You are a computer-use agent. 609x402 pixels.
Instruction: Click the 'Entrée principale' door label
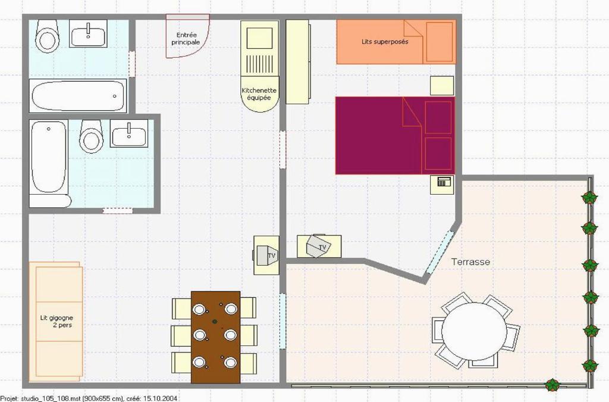pyautogui.click(x=186, y=39)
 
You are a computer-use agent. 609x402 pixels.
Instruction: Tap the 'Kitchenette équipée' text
pyautogui.click(x=259, y=94)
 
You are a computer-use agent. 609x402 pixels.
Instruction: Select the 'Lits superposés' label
pyautogui.click(x=385, y=42)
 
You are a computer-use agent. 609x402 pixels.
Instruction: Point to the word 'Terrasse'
pyautogui.click(x=470, y=262)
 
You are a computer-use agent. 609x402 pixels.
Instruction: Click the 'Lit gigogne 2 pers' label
pyautogui.click(x=56, y=322)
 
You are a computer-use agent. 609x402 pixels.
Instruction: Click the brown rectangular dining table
pyautogui.click(x=215, y=336)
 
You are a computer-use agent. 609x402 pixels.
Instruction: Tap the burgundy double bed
pyautogui.click(x=395, y=135)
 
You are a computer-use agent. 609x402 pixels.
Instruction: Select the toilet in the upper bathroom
pyautogui.click(x=48, y=36)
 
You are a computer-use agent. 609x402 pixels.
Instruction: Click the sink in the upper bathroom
pyautogui.click(x=89, y=33)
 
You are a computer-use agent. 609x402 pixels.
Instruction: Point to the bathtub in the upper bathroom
pyautogui.click(x=79, y=96)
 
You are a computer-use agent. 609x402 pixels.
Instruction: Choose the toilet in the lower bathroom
pyautogui.click(x=91, y=136)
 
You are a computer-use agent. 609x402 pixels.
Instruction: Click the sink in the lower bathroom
pyautogui.click(x=129, y=133)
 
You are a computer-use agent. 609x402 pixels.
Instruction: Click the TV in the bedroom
pyautogui.click(x=319, y=246)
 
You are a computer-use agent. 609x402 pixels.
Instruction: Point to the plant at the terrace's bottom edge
pyautogui.click(x=552, y=385)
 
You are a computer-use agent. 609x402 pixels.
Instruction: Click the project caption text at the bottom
pyautogui.click(x=89, y=398)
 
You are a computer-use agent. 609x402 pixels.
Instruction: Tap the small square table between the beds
pyautogui.click(x=442, y=86)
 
